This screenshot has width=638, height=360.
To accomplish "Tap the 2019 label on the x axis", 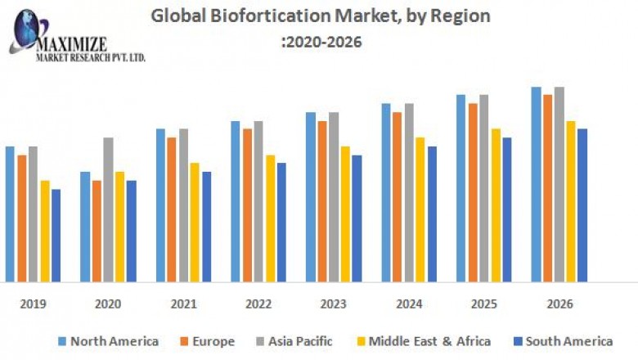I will point(33,304).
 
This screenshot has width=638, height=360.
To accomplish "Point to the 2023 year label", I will point(333,304).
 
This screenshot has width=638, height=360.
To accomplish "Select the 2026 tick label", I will point(559,304).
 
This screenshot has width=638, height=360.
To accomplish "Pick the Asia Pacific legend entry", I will point(295,341).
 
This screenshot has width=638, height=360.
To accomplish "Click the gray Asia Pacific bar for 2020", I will point(108,209).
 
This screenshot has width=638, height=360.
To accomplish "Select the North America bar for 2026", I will point(536,184).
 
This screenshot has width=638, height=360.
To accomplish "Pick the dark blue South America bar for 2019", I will point(56,236).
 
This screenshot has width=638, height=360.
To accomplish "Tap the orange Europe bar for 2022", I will point(247,205).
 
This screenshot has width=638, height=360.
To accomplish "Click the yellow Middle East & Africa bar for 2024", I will point(420,209).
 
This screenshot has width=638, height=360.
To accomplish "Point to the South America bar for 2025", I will point(507,209).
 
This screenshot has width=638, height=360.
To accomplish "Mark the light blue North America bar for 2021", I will point(160,205).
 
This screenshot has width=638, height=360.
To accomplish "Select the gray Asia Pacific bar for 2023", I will point(334,197).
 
